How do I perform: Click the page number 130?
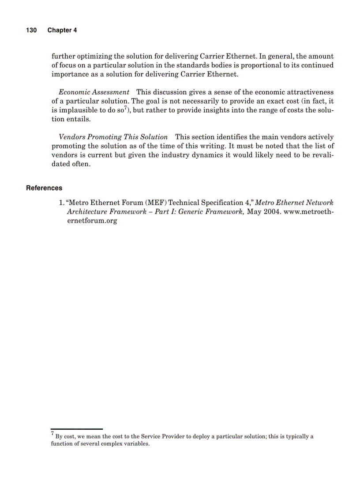click(31, 30)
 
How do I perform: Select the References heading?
click(44, 188)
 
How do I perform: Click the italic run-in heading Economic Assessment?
click(94, 92)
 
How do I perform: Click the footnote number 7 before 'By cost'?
click(52, 434)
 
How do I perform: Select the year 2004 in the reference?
click(274, 212)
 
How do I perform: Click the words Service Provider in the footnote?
click(165, 436)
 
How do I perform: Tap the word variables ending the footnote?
click(137, 444)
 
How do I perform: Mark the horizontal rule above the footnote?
click(76, 428)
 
